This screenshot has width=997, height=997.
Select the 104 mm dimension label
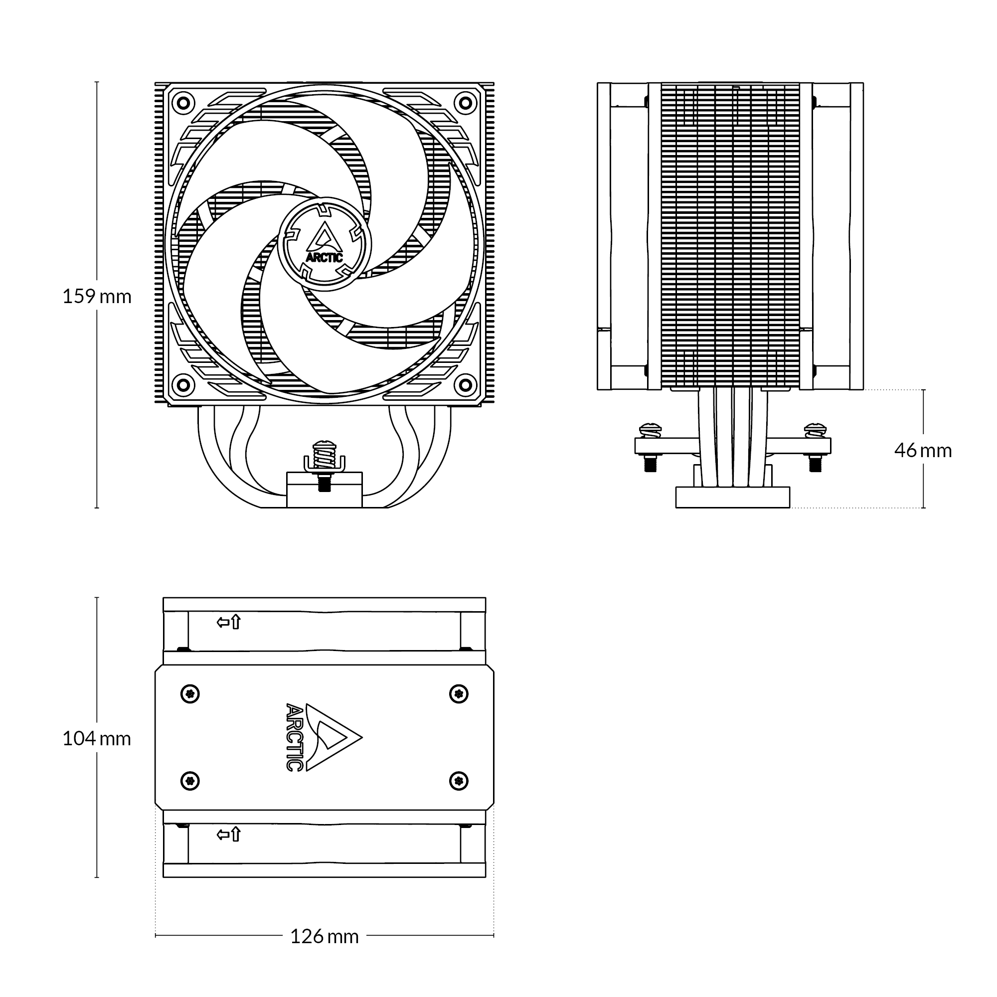coord(97,739)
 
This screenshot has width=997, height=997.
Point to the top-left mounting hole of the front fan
coord(182,103)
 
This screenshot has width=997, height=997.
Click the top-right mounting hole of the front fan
coord(466,103)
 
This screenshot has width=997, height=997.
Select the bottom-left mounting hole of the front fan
coord(182,385)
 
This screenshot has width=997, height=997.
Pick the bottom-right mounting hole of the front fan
coord(466,385)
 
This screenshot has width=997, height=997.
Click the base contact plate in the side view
coord(733,498)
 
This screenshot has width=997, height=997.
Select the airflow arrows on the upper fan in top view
coord(229,622)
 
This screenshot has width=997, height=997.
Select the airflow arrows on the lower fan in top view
coord(229,834)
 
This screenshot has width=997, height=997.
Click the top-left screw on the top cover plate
coord(190,693)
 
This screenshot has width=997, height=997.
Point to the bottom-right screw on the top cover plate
coord(459,781)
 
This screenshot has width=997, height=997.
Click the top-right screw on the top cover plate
coord(459,693)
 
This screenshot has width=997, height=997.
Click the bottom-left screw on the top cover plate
coord(190,781)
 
